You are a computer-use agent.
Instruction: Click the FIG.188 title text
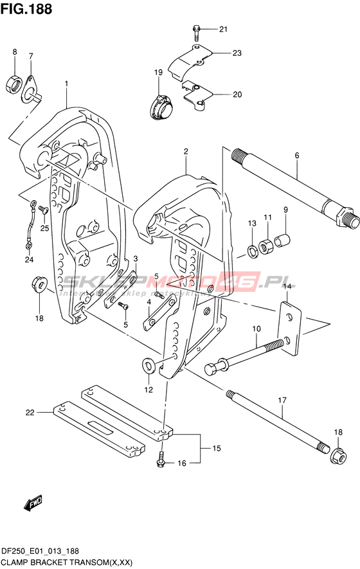(x=26, y=9)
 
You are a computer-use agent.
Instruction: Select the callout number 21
(x=223, y=29)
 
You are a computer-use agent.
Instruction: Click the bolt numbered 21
(x=196, y=33)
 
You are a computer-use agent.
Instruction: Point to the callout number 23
(x=237, y=53)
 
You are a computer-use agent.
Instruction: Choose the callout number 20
(x=237, y=95)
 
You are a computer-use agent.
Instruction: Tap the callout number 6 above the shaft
(x=297, y=156)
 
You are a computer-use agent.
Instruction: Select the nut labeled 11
(x=267, y=246)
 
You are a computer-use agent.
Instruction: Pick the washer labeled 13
(x=252, y=251)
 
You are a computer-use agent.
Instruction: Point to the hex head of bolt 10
(x=212, y=368)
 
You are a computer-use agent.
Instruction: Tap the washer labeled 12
(x=148, y=366)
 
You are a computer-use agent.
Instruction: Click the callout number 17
(x=282, y=401)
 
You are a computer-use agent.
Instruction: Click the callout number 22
(x=30, y=413)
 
